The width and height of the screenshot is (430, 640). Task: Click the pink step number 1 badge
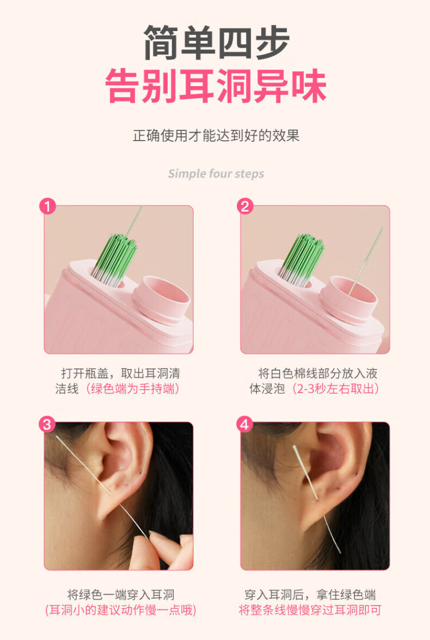coord(47,207)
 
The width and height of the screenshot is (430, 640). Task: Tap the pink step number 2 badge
coord(245,207)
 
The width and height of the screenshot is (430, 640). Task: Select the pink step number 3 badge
coord(47,425)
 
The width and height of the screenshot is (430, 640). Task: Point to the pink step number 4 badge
coord(245,425)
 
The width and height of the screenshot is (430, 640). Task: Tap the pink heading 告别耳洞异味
coord(216,86)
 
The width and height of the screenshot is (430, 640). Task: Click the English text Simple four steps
coord(216,174)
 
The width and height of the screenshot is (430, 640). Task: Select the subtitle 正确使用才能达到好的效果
coord(216,136)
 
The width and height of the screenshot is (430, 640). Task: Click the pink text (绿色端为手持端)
coord(131,389)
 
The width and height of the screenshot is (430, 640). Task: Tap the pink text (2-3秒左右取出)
coord(334,389)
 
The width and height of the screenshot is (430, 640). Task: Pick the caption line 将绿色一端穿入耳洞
coord(120,595)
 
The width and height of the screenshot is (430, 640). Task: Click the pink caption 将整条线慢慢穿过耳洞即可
coord(310,610)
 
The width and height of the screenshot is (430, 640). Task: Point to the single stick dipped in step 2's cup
coord(366,261)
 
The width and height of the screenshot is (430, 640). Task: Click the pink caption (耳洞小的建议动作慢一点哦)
coord(120,610)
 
